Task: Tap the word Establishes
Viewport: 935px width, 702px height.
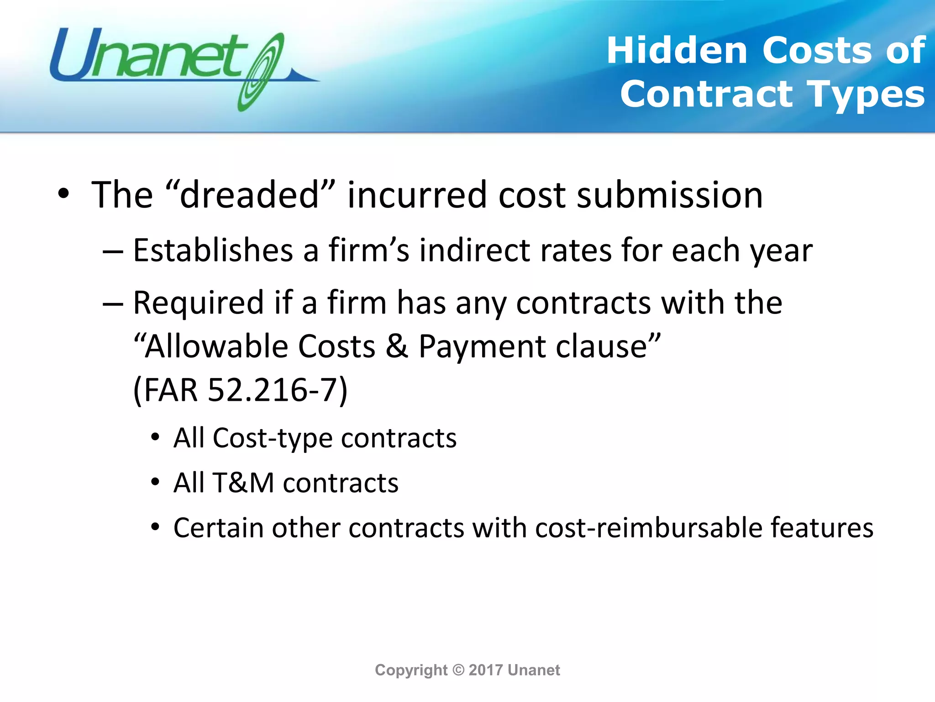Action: (213, 251)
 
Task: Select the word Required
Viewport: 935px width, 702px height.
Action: (199, 303)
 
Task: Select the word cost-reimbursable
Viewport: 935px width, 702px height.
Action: (649, 528)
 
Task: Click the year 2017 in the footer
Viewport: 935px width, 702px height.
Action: (486, 670)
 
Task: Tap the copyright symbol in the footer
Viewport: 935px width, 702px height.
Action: (458, 670)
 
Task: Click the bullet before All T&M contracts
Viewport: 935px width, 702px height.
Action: (156, 483)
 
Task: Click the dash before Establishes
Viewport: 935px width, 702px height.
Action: (113, 252)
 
